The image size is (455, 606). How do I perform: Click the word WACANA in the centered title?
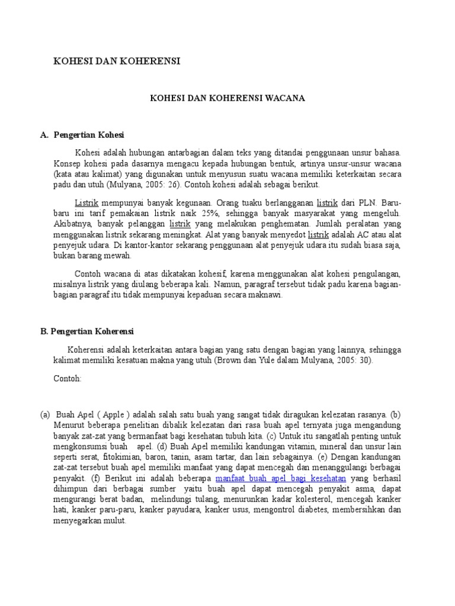pyautogui.click(x=287, y=98)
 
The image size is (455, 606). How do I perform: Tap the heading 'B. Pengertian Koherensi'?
pyautogui.click(x=88, y=331)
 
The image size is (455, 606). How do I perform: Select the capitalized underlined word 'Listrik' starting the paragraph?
pyautogui.click(x=86, y=202)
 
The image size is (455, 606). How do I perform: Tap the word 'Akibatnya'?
pyautogui.click(x=71, y=223)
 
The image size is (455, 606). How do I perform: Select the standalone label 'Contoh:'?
pyautogui.click(x=68, y=378)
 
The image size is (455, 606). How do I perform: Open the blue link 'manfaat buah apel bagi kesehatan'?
pyautogui.click(x=281, y=478)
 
